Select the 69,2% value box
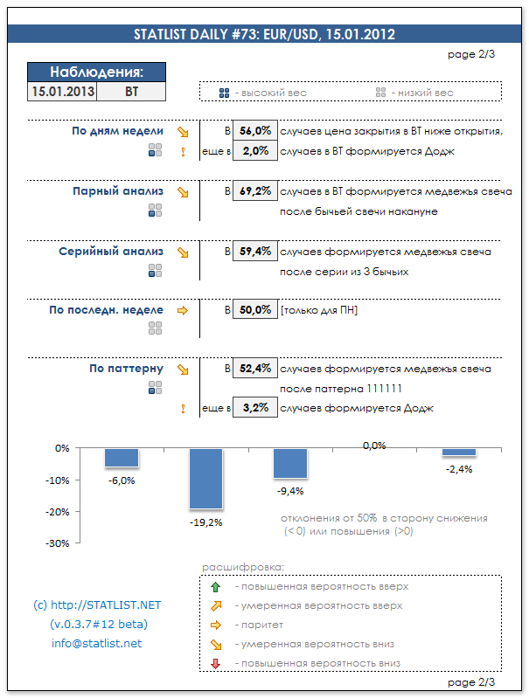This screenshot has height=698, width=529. [254, 190]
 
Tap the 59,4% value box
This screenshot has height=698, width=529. [254, 252]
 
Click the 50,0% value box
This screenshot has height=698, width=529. [254, 310]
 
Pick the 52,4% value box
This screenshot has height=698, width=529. [254, 369]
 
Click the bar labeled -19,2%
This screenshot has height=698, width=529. [206, 478]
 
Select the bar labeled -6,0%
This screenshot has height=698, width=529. [122, 457]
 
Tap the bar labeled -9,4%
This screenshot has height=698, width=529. [290, 463]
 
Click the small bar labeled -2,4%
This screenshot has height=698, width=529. [458, 452]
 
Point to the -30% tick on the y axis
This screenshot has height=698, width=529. [58, 543]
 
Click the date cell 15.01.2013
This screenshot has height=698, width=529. [62, 90]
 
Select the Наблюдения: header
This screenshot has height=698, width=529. [96, 73]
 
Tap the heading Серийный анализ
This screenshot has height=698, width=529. [111, 252]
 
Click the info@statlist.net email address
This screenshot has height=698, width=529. [96, 644]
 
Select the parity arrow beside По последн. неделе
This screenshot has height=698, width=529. [183, 310]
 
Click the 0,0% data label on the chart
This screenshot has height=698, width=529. [373, 446]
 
